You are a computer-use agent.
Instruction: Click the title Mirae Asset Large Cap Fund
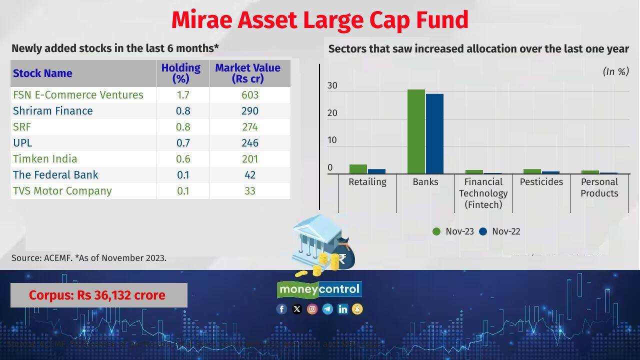point(319,20)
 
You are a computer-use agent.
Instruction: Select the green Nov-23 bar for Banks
point(416,132)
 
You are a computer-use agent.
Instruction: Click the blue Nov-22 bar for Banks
point(434,134)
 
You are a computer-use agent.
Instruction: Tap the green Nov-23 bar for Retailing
point(358,169)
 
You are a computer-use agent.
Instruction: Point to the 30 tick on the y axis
point(332,86)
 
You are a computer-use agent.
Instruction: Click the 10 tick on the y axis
point(332,140)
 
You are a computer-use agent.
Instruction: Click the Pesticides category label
point(541,182)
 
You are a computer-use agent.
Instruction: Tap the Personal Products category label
point(599,187)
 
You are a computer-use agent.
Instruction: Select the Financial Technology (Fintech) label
point(483,193)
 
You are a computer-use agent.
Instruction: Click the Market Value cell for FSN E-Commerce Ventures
point(249,95)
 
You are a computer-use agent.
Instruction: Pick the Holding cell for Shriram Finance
point(183,111)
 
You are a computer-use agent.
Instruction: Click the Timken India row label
point(45,159)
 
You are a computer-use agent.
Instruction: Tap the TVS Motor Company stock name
point(62,191)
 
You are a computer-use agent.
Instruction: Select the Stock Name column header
point(42,73)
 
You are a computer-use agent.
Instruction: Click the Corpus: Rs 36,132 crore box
point(98,295)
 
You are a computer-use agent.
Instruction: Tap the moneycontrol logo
point(319,289)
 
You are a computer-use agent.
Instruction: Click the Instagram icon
point(312,309)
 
